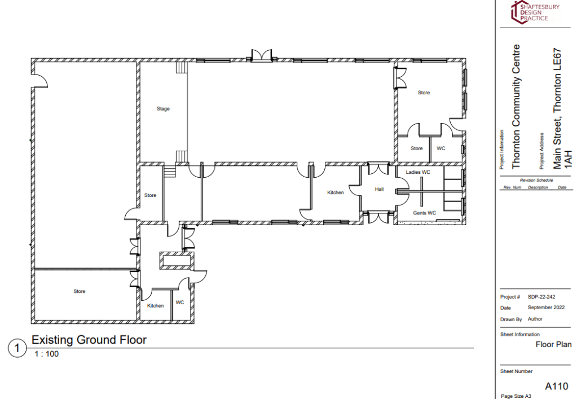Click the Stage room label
click(163, 108)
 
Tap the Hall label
click(379, 189)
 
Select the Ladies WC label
click(418, 172)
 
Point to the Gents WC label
click(424, 213)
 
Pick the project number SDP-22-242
click(541, 297)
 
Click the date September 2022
click(546, 308)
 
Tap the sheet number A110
click(556, 386)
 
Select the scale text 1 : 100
click(47, 354)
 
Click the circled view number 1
click(17, 348)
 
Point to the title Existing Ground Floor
click(89, 339)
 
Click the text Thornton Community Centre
click(516, 107)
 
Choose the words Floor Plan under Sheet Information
click(553, 344)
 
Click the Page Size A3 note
click(516, 396)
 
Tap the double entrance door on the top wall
click(261, 55)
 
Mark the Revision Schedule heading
click(536, 180)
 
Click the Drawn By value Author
click(535, 319)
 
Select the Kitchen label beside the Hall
click(336, 192)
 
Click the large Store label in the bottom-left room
click(79, 291)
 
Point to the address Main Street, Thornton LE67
click(557, 109)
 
